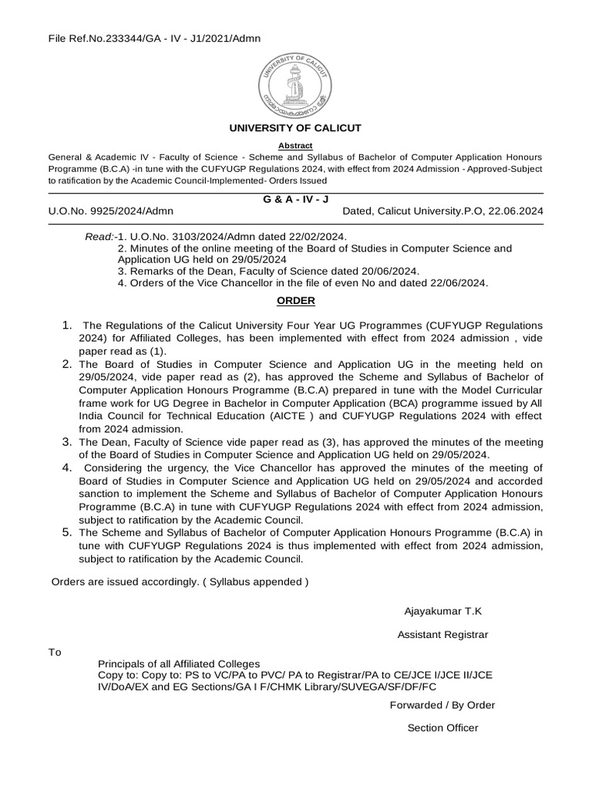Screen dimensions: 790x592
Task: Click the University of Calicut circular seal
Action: (296, 80)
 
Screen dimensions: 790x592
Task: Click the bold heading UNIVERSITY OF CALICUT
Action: (296, 128)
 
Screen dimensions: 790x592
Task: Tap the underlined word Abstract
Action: (296, 145)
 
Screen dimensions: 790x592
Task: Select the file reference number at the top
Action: (154, 38)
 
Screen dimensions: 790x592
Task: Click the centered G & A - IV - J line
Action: (296, 199)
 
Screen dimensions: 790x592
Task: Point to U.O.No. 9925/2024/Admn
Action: (111, 211)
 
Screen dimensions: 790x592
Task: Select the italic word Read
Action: (99, 236)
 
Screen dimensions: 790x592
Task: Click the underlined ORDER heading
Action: (296, 300)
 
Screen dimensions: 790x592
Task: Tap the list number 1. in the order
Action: (68, 325)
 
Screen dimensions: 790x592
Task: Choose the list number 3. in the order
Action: (68, 442)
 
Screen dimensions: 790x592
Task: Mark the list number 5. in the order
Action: (68, 533)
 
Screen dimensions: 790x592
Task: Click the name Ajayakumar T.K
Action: (442, 611)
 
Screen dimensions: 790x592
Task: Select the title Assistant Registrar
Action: (442, 635)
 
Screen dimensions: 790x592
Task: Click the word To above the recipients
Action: (55, 653)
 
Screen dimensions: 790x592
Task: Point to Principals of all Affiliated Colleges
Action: (179, 664)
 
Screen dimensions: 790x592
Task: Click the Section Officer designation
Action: (442, 728)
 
